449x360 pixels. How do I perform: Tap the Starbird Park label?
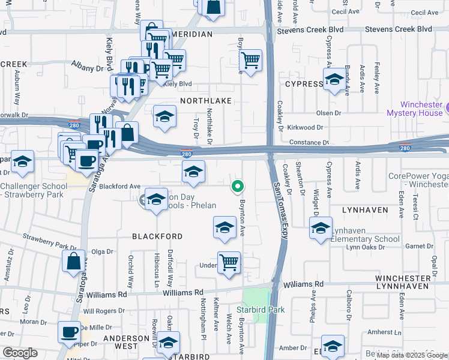(x=260, y=310)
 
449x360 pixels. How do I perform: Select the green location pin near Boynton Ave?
(x=238, y=187)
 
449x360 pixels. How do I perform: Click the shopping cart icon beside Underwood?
(x=229, y=262)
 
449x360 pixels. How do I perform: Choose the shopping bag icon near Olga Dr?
(x=73, y=261)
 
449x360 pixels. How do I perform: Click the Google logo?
(x=20, y=353)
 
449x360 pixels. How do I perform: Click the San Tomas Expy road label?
(x=281, y=210)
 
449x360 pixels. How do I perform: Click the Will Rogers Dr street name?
(x=104, y=311)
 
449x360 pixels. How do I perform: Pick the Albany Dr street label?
(x=88, y=69)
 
